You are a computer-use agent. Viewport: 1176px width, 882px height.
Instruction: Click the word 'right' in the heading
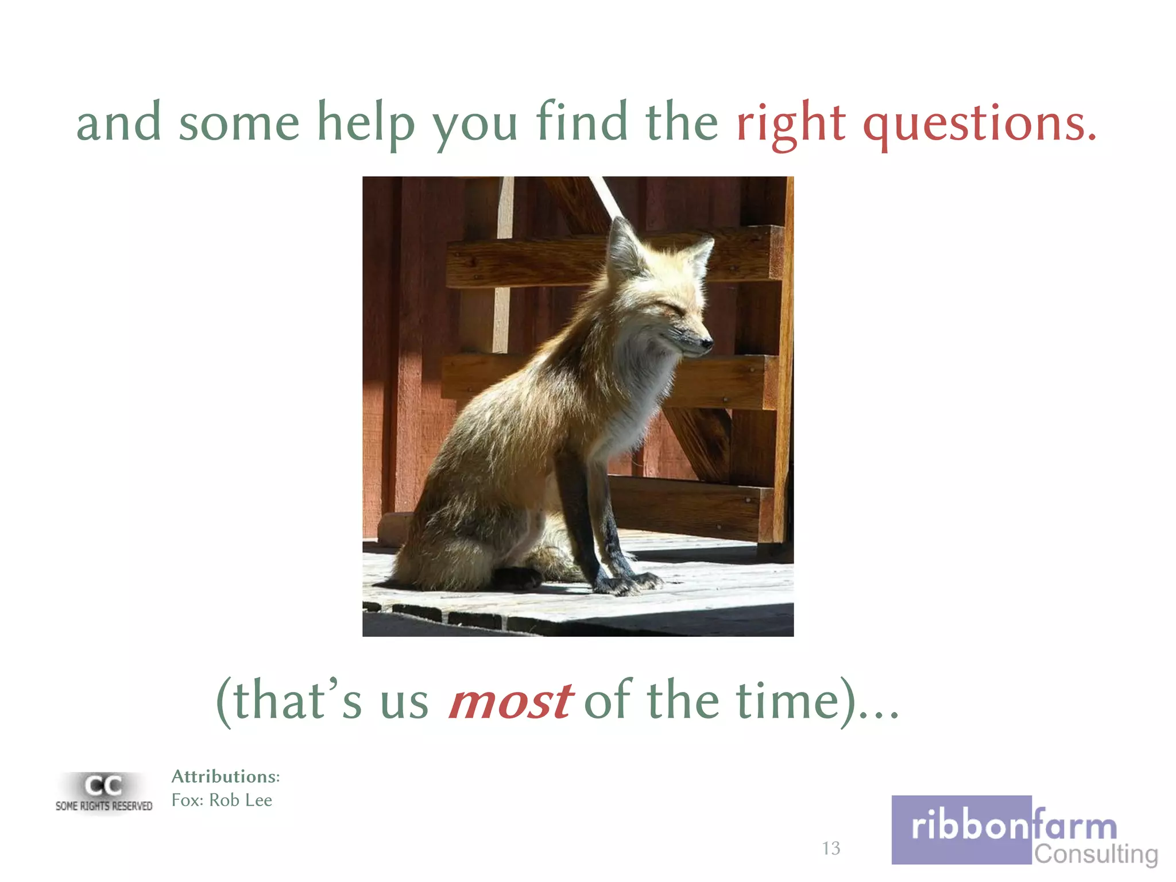[x=790, y=123]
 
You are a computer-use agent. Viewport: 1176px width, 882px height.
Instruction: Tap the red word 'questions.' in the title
[x=980, y=123]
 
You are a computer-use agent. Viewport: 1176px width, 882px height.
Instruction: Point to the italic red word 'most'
[x=510, y=701]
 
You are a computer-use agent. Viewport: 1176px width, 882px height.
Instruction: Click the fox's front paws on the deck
[x=626, y=583]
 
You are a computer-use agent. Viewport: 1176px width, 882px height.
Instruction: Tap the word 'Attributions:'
[x=225, y=776]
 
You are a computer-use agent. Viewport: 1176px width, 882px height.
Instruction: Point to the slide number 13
[x=830, y=848]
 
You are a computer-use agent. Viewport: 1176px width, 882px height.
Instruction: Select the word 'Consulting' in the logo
[x=1096, y=854]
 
